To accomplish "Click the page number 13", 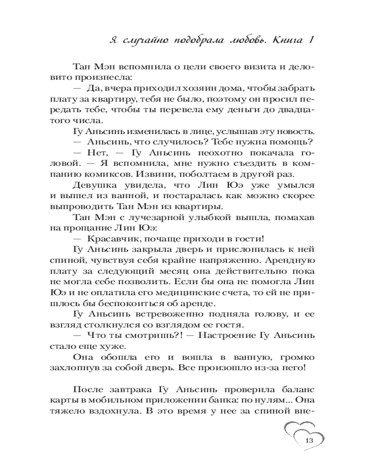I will (310, 440).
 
